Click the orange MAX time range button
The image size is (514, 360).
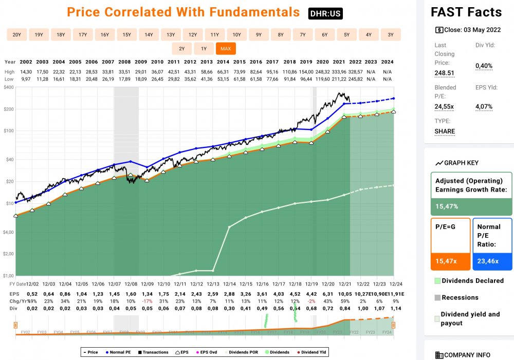coord(225,49)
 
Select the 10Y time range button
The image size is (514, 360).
coord(236,35)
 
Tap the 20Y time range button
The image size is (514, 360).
coord(17,35)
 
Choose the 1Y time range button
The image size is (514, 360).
coord(204,49)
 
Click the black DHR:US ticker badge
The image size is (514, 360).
coord(325,14)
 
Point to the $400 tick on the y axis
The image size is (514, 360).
coord(8,88)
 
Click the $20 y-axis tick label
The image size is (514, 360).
coord(9,181)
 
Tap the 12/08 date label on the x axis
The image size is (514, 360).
coord(131,283)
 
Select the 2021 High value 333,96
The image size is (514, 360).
coord(340,71)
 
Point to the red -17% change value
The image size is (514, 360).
coord(147,300)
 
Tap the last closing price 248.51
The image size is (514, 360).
coord(445,73)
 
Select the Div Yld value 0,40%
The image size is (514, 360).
coord(484,66)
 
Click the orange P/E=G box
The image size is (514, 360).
coord(450,243)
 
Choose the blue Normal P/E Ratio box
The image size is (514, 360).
coord(492,243)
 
